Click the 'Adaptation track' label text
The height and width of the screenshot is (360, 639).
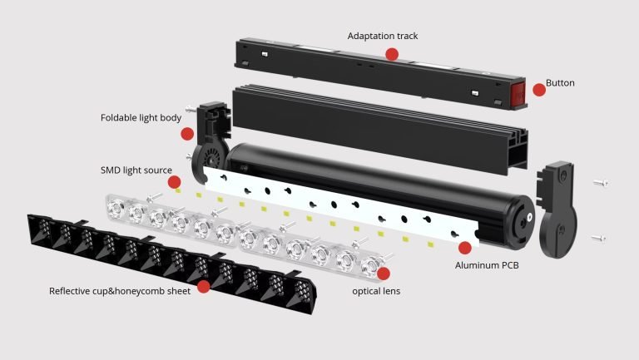click(382, 36)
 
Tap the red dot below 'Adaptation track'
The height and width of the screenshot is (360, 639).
click(392, 54)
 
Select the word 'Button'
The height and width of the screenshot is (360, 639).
click(560, 82)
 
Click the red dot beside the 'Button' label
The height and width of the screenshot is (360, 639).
click(539, 90)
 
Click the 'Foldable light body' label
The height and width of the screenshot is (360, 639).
click(141, 118)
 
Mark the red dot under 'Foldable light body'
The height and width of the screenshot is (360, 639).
click(187, 134)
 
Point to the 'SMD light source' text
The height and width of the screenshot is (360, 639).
click(136, 170)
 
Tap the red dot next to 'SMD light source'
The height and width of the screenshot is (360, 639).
click(174, 182)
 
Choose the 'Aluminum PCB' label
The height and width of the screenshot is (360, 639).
click(487, 265)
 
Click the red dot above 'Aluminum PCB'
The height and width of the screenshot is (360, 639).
click(464, 248)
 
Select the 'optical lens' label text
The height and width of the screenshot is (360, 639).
click(376, 291)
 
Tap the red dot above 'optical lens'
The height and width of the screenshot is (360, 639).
click(383, 274)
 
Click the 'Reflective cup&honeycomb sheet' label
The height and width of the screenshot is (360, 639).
click(120, 291)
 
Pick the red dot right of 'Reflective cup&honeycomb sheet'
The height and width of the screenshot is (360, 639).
click(203, 287)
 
